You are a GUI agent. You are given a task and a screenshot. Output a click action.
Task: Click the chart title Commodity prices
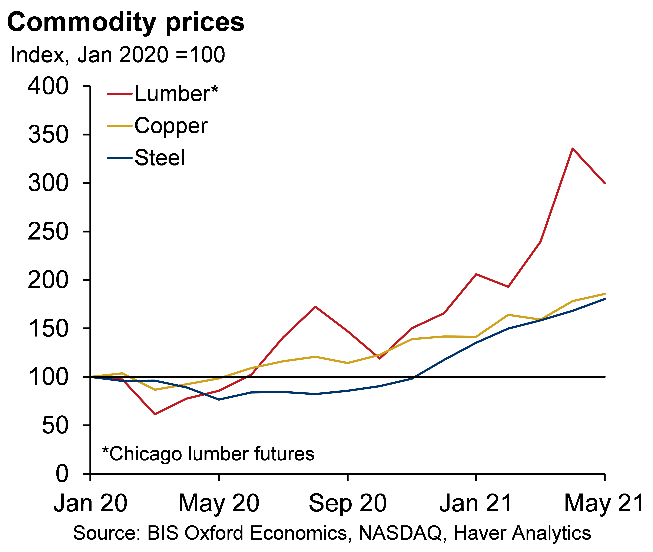(126, 23)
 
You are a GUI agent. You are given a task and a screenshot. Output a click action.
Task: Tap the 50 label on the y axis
(55, 426)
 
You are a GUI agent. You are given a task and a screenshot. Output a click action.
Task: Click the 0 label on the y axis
(62, 474)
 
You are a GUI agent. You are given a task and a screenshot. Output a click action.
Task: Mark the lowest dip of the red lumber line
(155, 414)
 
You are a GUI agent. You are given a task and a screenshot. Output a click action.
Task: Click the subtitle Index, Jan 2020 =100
(117, 55)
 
